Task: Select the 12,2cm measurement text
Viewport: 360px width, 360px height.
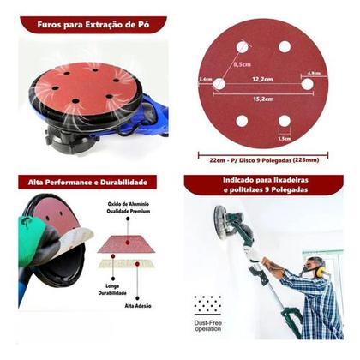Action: [x=263, y=78]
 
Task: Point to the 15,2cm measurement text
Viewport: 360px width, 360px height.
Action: [x=263, y=98]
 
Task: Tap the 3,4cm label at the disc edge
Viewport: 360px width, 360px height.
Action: [x=204, y=78]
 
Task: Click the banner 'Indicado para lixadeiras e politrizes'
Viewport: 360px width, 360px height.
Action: [x=263, y=185]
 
